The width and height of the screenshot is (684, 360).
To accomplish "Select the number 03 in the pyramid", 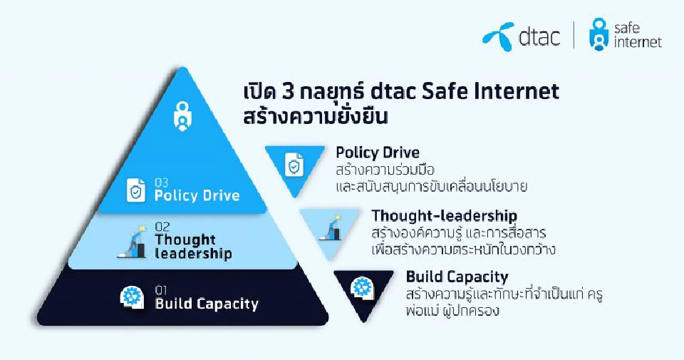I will [162, 182].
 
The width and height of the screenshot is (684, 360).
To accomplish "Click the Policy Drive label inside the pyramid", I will [197, 195].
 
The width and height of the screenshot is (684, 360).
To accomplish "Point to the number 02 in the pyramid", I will [162, 226].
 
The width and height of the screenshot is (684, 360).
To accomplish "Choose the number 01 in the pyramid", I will [161, 290].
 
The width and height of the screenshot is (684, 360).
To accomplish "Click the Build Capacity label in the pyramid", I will [207, 304].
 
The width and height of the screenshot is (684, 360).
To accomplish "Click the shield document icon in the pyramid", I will [136, 190].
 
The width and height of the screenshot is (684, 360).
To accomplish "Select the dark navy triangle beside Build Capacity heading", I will [363, 290].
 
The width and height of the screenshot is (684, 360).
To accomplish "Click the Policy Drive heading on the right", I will [378, 153].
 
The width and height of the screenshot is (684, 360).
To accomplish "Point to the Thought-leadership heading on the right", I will [444, 215].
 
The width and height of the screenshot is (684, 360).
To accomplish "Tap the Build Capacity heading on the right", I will [457, 277].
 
